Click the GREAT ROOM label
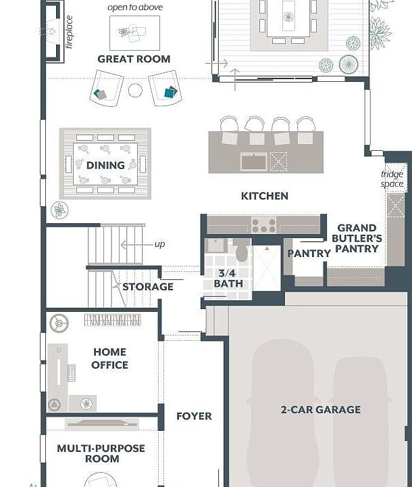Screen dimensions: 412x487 [134, 59]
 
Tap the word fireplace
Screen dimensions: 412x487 [69, 32]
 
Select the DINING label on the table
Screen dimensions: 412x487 [105, 165]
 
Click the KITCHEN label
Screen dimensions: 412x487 [265, 196]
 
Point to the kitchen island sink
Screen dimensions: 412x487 [253, 162]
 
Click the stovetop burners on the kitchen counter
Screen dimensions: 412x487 [263, 225]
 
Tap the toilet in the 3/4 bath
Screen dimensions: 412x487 [241, 250]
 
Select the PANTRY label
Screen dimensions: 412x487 [309, 254]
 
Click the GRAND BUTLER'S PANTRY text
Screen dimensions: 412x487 [357, 238]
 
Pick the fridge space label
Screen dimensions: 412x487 [392, 179]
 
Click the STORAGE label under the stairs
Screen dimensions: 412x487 [148, 287]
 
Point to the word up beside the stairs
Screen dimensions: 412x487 [160, 244]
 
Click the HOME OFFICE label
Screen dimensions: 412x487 [110, 358]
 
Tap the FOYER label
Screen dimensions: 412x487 [194, 416]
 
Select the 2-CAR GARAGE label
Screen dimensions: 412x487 [321, 410]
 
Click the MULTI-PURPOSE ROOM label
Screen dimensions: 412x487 [101, 453]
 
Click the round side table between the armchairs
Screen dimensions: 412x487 [135, 91]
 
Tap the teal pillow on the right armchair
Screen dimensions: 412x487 [170, 92]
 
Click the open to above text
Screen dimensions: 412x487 [135, 7]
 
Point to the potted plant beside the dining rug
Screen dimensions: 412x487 [59, 210]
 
